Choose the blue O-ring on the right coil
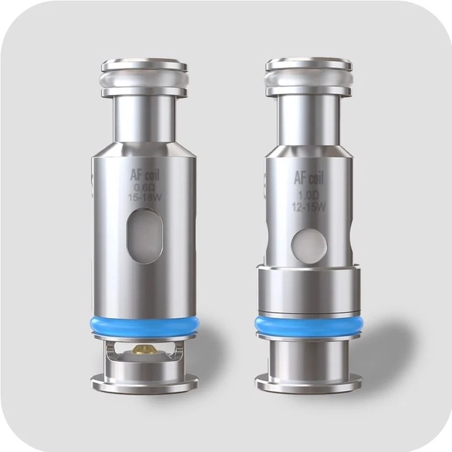tap(305, 325)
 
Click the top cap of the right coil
tap(308, 68)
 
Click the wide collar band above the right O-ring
tap(305, 290)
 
